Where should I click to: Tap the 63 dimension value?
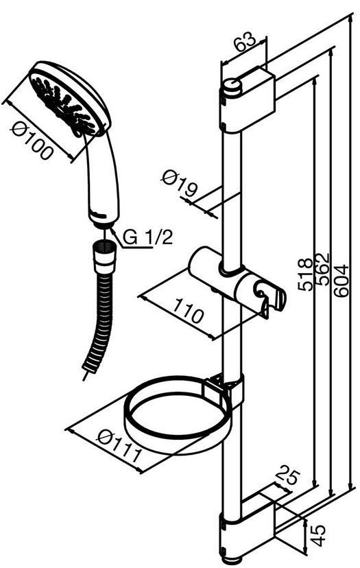pos(245,43)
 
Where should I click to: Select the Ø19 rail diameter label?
pos(180,184)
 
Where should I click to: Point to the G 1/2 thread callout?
pos(147,238)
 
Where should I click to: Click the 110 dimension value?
pos(187,311)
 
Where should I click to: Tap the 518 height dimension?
pos(305,274)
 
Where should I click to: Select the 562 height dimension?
pos(322,268)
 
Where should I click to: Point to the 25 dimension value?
pos(287,479)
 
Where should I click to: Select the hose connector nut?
pos(106,257)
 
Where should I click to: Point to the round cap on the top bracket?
pos(232,87)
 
